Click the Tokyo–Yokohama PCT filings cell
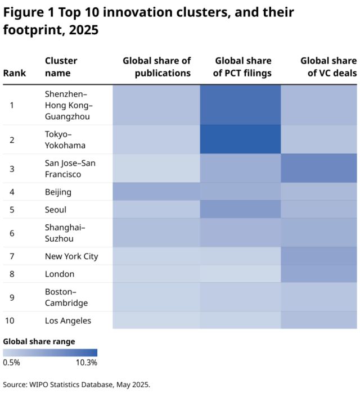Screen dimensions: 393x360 [x=241, y=139]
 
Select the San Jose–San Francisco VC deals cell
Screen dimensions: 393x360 [x=319, y=168]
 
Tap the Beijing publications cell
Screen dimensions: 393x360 [x=156, y=192]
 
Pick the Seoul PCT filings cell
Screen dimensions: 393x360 [x=241, y=209]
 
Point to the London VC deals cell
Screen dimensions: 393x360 [x=319, y=274]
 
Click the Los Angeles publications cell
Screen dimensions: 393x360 [x=156, y=320]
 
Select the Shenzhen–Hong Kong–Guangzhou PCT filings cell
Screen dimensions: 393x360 [x=241, y=105]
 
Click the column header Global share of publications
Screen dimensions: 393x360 [x=156, y=67]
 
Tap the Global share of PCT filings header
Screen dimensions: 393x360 [x=243, y=67]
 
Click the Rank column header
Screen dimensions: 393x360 [x=15, y=73]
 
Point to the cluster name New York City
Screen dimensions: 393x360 [x=71, y=256]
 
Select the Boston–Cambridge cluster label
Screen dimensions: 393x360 [x=66, y=297]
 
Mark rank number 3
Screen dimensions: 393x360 [x=11, y=169]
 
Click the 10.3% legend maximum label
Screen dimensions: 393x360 [x=87, y=363]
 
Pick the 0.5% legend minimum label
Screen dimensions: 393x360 [x=11, y=363]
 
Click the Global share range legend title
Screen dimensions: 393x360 [x=39, y=341]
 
